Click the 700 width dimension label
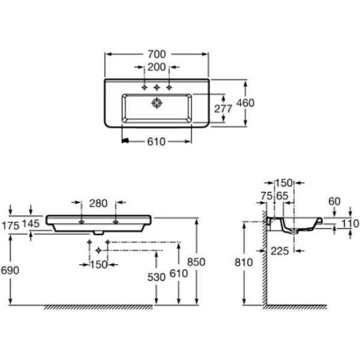tap(157, 55)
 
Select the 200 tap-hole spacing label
tap(157, 67)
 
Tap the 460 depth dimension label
tap(245, 103)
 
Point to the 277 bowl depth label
tap(223, 109)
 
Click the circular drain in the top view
tap(157, 103)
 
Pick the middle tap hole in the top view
tap(157, 87)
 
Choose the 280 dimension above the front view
tap(98, 203)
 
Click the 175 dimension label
tap(10, 226)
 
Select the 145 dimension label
tap(31, 224)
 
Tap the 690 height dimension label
tap(10, 270)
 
